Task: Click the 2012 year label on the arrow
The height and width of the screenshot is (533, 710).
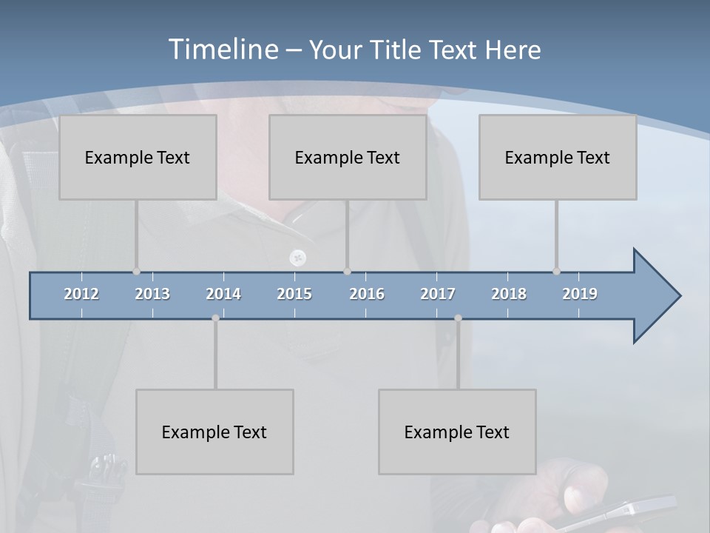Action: click(x=81, y=294)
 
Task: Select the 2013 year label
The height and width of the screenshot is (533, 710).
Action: click(x=152, y=294)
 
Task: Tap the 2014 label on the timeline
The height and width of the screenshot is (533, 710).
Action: click(x=223, y=294)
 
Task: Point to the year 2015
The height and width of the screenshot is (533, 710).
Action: click(x=294, y=294)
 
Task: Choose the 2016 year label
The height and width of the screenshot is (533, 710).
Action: click(x=367, y=294)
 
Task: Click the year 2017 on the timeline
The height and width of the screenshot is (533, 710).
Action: click(x=438, y=294)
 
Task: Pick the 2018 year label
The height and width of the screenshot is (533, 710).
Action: click(x=509, y=294)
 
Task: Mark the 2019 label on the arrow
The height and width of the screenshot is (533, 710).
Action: click(x=580, y=294)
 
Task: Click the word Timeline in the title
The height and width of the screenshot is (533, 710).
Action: click(x=223, y=50)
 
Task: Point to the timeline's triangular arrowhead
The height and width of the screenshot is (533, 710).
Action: click(x=655, y=296)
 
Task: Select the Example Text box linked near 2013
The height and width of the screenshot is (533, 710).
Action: click(x=138, y=157)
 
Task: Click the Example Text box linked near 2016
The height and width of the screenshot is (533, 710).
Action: click(x=348, y=157)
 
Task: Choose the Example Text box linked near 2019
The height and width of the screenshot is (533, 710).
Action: click(x=558, y=157)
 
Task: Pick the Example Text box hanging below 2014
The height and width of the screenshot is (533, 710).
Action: click(x=214, y=432)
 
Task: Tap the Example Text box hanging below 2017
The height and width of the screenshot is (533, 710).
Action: click(x=457, y=432)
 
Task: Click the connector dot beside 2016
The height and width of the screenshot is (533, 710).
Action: click(x=347, y=272)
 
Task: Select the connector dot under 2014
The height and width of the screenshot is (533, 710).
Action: click(x=215, y=318)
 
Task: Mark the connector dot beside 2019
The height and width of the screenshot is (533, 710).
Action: click(x=556, y=272)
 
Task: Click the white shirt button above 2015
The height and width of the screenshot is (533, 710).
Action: click(x=298, y=258)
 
